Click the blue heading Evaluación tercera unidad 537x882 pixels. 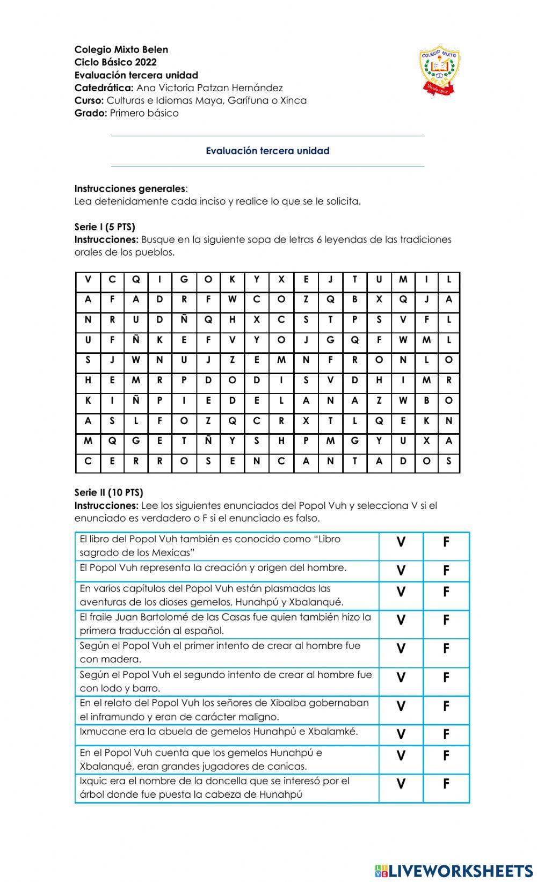(x=267, y=151)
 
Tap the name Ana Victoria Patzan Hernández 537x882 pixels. (x=209, y=88)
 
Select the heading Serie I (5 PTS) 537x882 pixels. (x=105, y=227)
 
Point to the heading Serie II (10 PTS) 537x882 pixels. (x=108, y=492)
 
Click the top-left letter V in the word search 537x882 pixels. (x=88, y=279)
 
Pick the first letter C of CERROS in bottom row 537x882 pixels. (x=88, y=461)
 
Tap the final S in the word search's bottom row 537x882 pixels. (x=448, y=461)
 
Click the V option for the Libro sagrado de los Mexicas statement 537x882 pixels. (x=401, y=542)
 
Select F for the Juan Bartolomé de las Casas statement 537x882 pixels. (x=446, y=620)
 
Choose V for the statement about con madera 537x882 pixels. (x=401, y=648)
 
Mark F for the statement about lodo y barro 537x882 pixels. (x=446, y=677)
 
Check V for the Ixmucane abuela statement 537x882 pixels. (x=401, y=734)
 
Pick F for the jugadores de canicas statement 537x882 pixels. (x=446, y=755)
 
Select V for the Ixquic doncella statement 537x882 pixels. (x=401, y=784)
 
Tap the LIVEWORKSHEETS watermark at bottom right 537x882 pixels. (x=454, y=870)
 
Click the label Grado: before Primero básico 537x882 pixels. (x=91, y=113)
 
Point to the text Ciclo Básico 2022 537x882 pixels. (x=115, y=62)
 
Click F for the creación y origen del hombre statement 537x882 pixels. (x=446, y=571)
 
